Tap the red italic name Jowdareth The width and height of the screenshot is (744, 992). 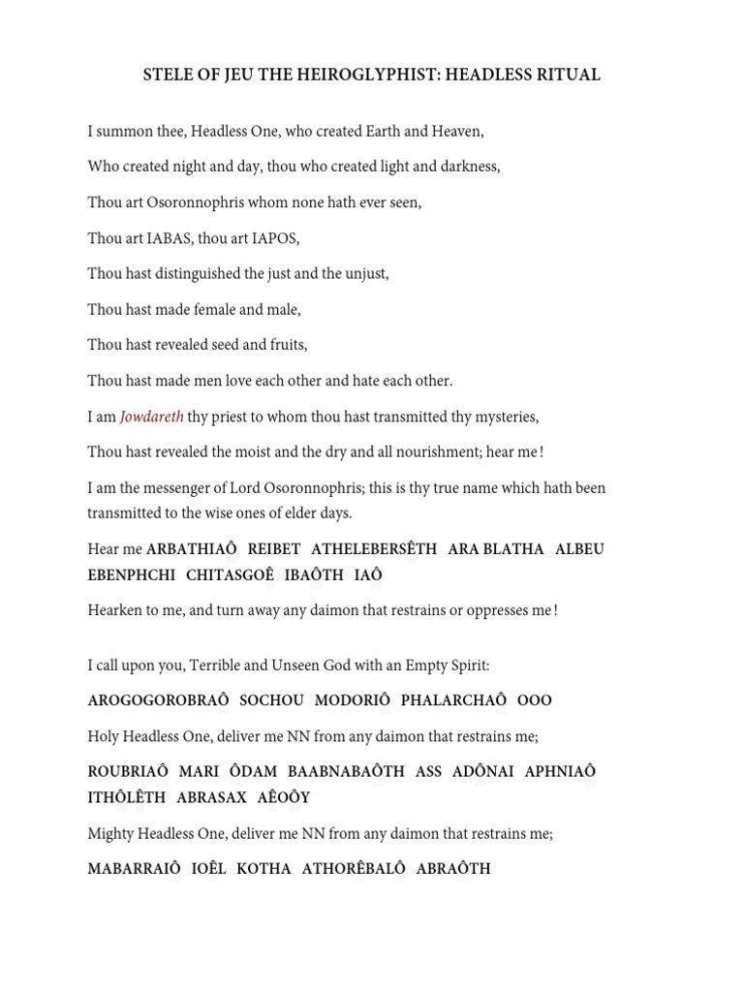click(151, 417)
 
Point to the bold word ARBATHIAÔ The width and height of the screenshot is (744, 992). click(191, 549)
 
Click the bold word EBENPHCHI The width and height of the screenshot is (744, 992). click(132, 574)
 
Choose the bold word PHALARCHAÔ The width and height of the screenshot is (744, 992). click(453, 700)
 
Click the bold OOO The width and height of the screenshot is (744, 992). click(535, 700)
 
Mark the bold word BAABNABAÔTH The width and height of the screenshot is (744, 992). click(346, 772)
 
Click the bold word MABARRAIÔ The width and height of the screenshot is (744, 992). click(134, 868)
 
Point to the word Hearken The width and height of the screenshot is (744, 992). click(116, 610)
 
